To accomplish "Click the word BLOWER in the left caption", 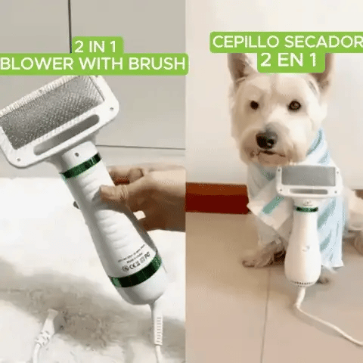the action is (37, 64).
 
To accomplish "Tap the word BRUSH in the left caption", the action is (157, 64).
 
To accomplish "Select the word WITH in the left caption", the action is (101, 64).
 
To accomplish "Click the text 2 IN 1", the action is (95, 46).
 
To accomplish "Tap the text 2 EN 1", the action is (288, 60).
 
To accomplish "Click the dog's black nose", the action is (266, 140).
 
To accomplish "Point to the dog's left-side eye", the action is (254, 104).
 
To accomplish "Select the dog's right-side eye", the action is (295, 105).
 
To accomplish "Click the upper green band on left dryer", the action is (81, 166).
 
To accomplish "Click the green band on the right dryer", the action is (306, 209).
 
